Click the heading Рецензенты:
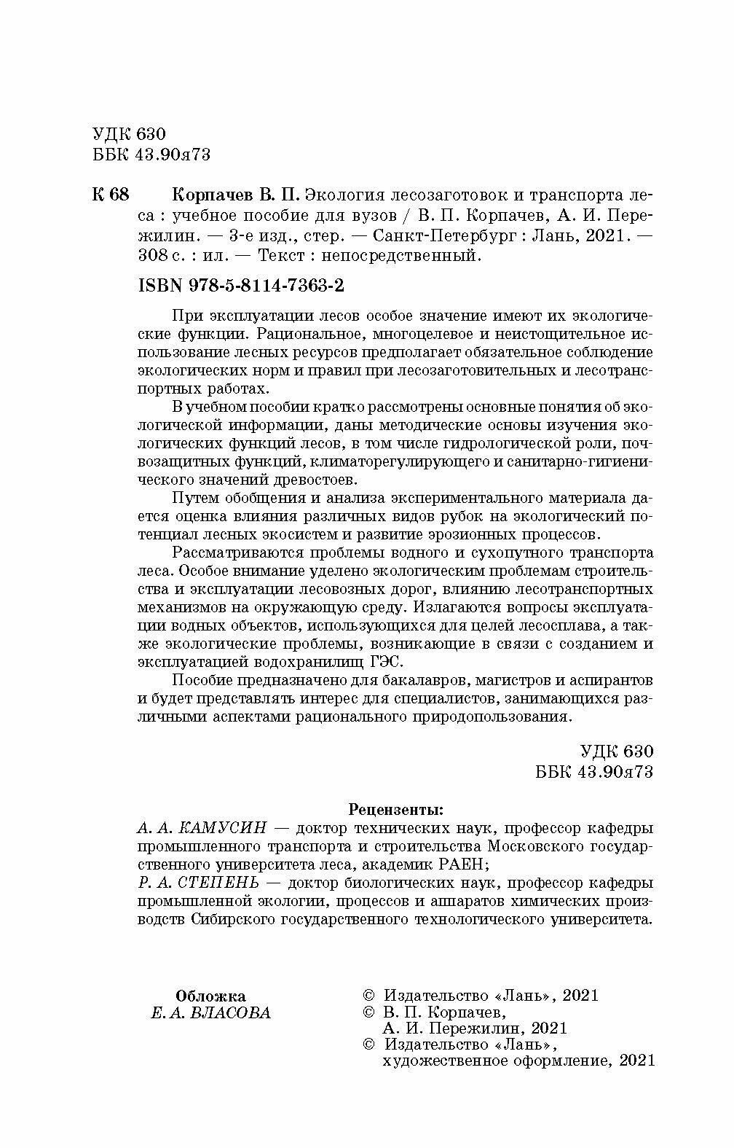coord(395,809)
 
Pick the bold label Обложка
coord(211,996)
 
